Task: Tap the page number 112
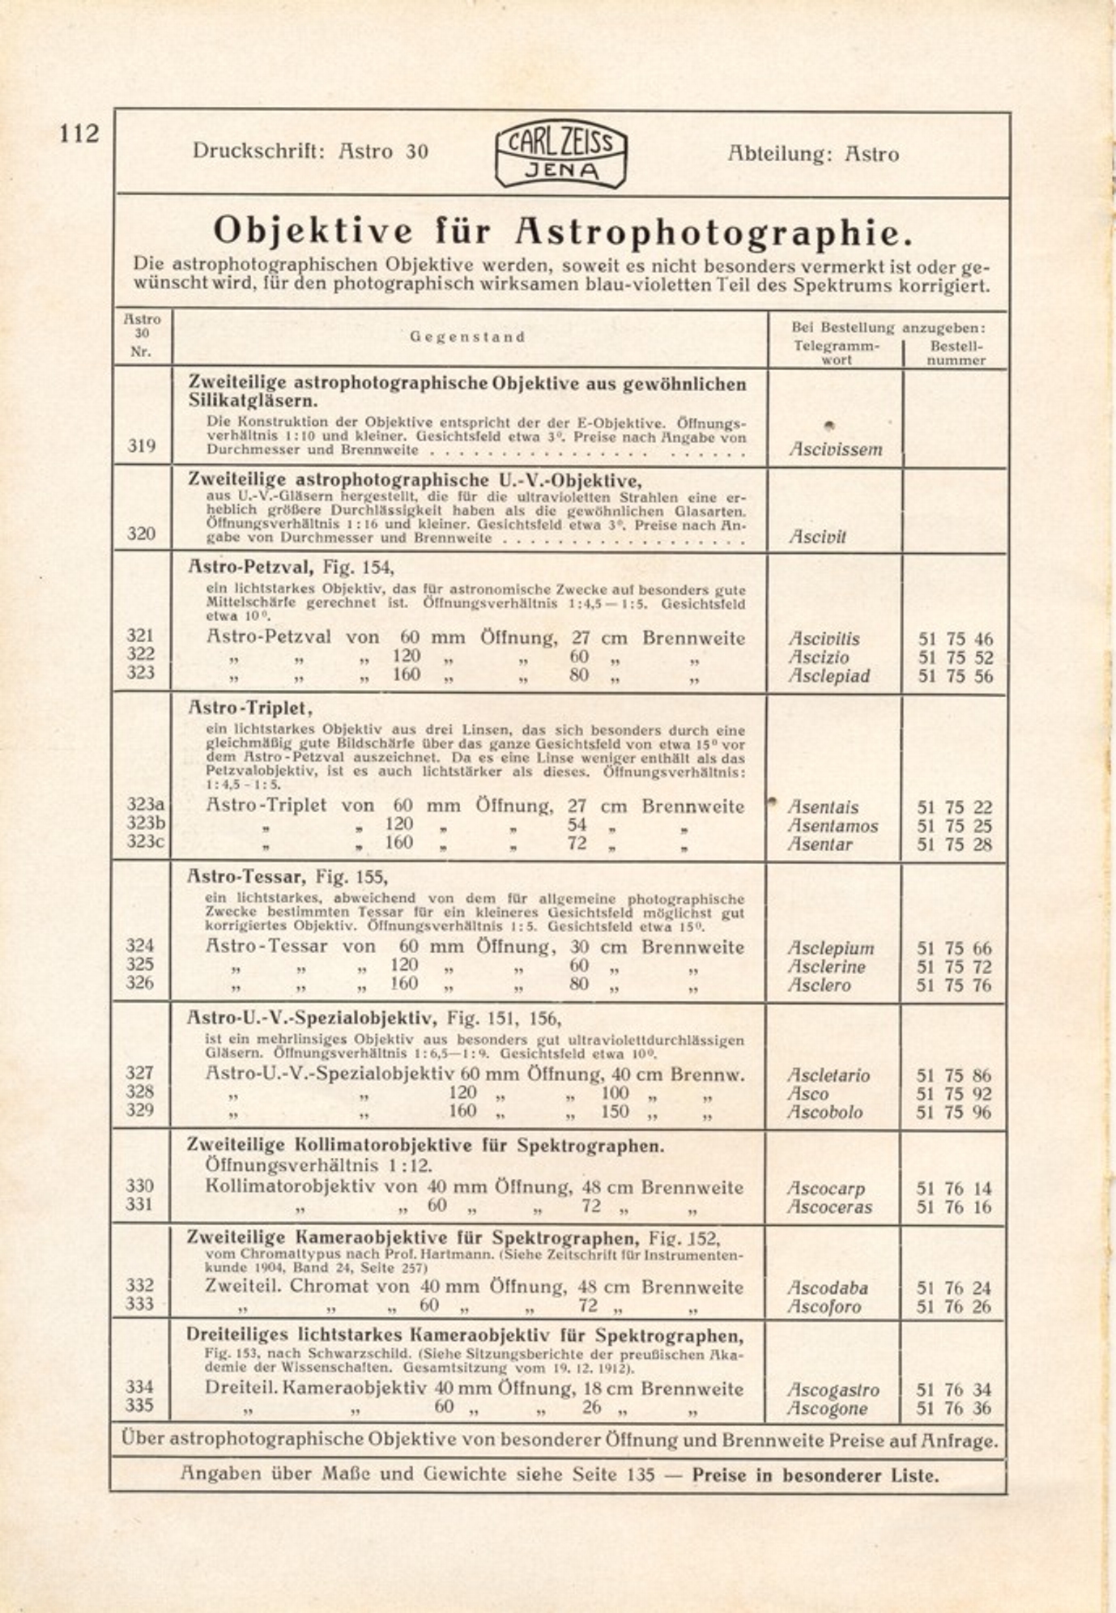(x=79, y=134)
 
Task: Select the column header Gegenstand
(x=467, y=337)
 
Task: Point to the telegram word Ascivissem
(x=835, y=449)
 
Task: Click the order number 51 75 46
(x=956, y=639)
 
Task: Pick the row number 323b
(x=146, y=824)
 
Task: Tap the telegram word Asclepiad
(x=829, y=676)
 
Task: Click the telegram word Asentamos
(x=833, y=826)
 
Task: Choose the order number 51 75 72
(x=954, y=967)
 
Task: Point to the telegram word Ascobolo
(x=825, y=1113)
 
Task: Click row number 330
(x=140, y=1186)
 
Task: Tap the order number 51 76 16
(x=954, y=1207)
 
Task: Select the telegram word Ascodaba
(x=827, y=1287)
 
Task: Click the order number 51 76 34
(x=954, y=1390)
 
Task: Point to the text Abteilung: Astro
(x=813, y=154)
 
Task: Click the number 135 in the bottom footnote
(x=640, y=1475)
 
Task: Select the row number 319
(x=141, y=445)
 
